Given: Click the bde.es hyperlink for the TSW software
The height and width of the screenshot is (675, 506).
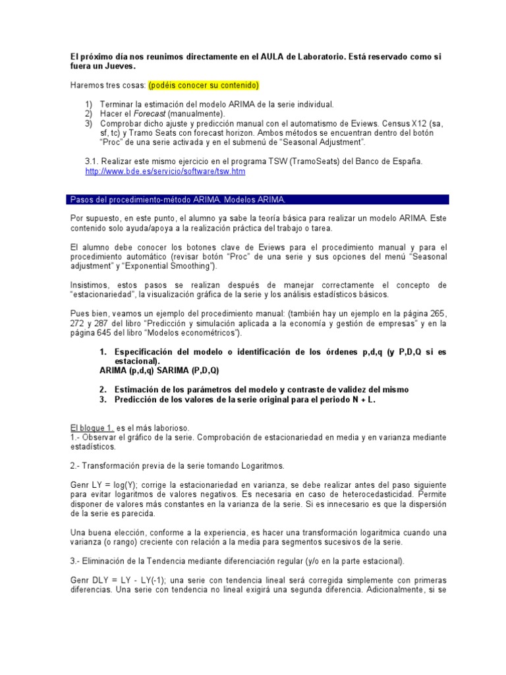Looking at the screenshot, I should tap(165, 171).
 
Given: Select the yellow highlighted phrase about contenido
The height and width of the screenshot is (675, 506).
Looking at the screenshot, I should tap(204, 86).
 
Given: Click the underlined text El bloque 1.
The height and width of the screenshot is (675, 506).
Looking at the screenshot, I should tap(92, 428).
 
